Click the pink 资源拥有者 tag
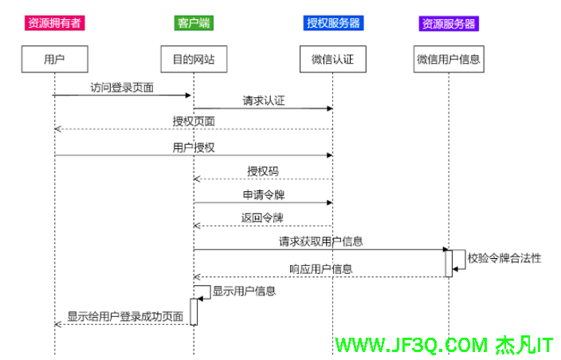(x=54, y=23)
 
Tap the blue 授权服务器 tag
(x=333, y=23)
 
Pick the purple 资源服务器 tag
(x=449, y=23)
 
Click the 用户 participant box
(x=54, y=59)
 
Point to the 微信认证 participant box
(x=332, y=59)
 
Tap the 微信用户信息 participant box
(x=449, y=59)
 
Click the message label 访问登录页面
(x=122, y=87)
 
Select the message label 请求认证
(x=264, y=101)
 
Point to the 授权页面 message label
(x=194, y=121)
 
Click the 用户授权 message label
(x=194, y=147)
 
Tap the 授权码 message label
(x=263, y=171)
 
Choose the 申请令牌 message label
(x=263, y=194)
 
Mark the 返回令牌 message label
(x=263, y=217)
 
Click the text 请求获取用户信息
(x=321, y=241)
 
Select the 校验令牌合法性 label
(x=504, y=259)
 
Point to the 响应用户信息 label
(x=321, y=269)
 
